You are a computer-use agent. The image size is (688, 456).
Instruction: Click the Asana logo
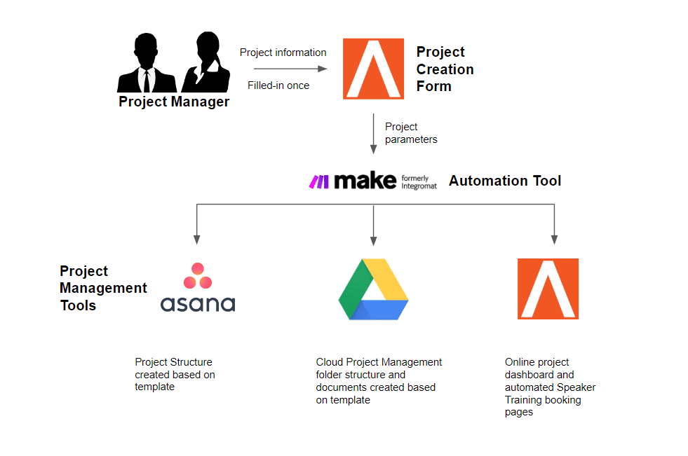198,287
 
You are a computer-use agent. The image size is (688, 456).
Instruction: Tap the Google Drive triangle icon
373,289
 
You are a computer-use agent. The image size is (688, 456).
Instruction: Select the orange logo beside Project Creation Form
373,69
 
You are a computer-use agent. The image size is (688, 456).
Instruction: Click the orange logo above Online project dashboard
548,289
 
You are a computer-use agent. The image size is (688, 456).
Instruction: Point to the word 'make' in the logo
365,181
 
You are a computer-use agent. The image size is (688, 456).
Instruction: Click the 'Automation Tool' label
504,181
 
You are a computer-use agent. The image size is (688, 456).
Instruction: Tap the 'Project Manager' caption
174,102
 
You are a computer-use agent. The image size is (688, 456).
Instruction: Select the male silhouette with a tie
147,62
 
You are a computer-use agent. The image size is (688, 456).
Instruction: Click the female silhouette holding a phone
206,62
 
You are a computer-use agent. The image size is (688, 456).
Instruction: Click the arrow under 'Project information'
290,69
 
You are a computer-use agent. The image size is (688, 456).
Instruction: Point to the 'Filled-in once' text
278,85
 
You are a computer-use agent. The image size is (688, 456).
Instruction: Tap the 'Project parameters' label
411,132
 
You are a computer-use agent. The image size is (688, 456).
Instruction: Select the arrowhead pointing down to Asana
196,240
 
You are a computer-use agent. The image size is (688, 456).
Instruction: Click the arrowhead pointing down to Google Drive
373,240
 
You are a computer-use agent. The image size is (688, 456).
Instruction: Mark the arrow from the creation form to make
373,134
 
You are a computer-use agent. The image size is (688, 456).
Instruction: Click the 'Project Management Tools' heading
103,288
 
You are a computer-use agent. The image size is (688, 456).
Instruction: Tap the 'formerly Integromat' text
419,182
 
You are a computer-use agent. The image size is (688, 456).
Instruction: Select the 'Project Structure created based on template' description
175,375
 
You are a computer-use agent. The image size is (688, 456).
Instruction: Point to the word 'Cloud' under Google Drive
330,362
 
